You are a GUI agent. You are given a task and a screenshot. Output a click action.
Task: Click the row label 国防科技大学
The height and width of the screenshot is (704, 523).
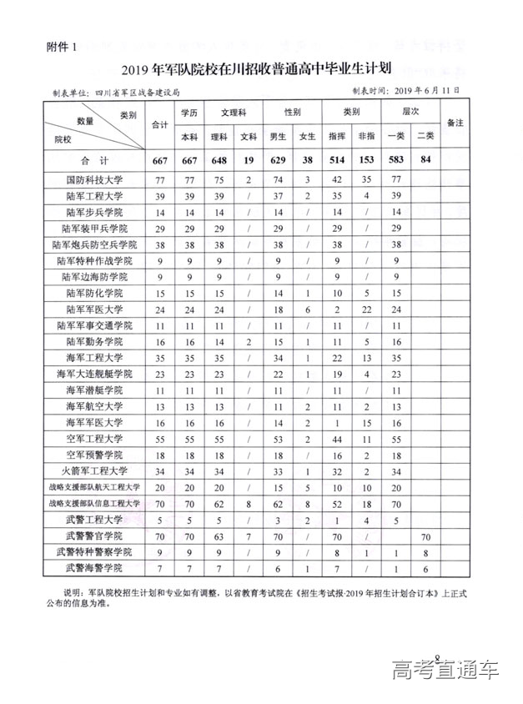(93, 179)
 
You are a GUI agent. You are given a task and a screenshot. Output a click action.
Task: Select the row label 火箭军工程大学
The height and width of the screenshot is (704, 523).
(93, 472)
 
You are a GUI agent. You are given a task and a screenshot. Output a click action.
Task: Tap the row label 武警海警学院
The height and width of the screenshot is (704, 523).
(93, 570)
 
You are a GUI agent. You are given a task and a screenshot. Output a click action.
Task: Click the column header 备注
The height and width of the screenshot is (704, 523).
(455, 123)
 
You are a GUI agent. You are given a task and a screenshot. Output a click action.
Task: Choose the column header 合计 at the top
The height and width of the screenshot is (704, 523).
(158, 124)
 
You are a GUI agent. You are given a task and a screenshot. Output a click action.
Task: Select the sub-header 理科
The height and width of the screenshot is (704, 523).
(219, 136)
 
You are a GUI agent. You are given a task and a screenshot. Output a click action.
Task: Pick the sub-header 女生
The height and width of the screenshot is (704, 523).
(307, 136)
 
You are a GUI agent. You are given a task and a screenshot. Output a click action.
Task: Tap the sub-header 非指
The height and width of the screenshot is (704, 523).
(367, 136)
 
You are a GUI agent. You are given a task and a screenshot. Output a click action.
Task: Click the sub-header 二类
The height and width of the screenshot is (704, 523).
(425, 136)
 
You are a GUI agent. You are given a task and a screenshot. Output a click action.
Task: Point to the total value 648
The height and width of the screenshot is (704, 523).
(219, 160)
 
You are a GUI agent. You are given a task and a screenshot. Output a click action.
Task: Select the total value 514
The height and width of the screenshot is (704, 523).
(337, 160)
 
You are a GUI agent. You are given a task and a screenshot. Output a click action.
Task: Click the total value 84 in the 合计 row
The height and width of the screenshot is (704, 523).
(425, 160)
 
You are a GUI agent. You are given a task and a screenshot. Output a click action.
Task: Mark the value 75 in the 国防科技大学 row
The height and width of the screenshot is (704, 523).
(219, 179)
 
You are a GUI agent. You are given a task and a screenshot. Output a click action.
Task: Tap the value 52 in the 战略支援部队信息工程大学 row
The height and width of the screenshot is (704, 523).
(337, 505)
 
